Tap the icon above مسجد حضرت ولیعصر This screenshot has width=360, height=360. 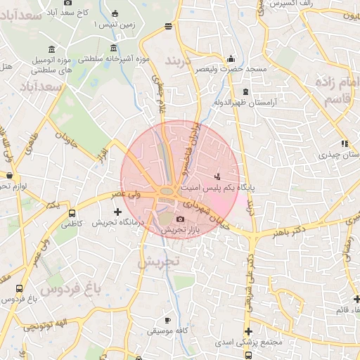231,59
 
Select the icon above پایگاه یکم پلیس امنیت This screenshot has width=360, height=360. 217,176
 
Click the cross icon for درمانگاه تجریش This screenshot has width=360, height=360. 117,211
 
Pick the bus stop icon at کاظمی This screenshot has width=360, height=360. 72,213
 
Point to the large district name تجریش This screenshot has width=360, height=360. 158,262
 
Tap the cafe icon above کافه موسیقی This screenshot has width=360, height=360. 167,321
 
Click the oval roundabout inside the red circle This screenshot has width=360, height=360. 168,191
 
